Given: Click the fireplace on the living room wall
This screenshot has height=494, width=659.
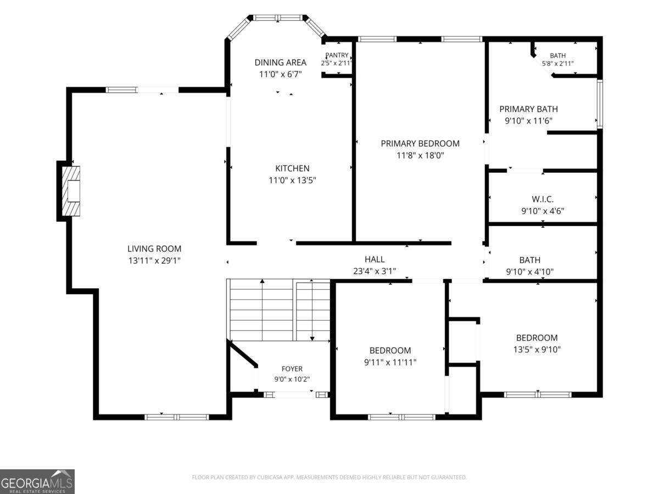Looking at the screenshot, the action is click(x=71, y=191).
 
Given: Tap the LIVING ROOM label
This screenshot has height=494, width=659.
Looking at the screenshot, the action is click(x=154, y=249).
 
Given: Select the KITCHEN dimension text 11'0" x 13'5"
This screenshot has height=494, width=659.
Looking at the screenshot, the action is click(x=292, y=180).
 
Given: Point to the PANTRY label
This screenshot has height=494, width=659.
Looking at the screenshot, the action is click(x=337, y=55).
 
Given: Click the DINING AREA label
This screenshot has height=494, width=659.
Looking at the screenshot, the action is click(x=281, y=63).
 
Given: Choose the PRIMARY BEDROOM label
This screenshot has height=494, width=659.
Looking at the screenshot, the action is click(x=420, y=144).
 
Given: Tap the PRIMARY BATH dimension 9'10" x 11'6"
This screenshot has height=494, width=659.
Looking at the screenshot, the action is click(x=529, y=121).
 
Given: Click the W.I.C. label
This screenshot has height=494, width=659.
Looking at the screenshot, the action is click(x=543, y=199).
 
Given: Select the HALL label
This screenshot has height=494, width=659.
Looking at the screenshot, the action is click(x=375, y=259).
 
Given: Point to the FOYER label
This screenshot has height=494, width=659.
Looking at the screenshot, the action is click(x=292, y=369).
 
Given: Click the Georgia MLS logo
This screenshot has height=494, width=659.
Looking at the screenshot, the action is click(x=37, y=482).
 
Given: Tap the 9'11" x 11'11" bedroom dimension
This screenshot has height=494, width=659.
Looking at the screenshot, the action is click(x=390, y=362).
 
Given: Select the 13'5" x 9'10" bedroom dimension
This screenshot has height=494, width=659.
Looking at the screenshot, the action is click(x=537, y=350).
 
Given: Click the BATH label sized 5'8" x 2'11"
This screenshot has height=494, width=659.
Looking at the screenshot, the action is click(x=557, y=55).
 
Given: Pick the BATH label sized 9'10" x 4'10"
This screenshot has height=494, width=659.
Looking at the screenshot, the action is click(x=529, y=260).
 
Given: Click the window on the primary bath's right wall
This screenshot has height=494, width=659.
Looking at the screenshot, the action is click(x=600, y=104).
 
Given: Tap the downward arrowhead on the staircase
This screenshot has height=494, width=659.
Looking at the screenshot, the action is click(x=312, y=339).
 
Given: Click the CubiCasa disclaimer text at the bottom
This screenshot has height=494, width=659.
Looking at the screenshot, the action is click(x=329, y=477).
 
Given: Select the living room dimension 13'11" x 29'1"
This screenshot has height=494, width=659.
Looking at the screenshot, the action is click(x=154, y=261).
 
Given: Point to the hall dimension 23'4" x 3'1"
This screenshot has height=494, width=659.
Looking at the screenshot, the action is click(x=375, y=271).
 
